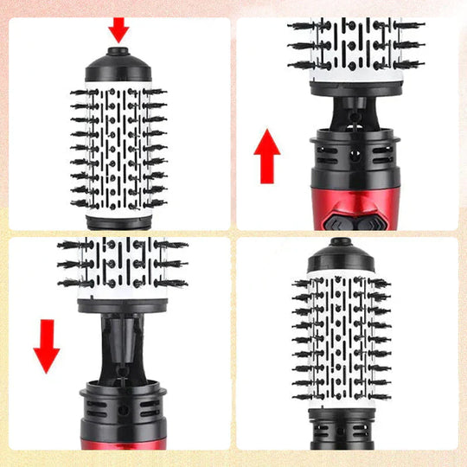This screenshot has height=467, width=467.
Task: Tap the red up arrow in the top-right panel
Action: (268, 157)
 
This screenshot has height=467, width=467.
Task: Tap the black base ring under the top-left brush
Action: (119, 221)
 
